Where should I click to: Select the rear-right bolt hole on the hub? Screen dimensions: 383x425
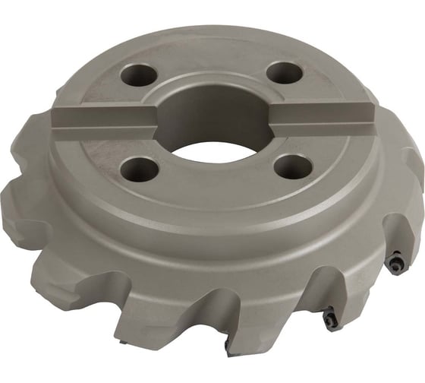[x=285, y=73]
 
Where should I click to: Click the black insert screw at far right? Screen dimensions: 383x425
[x=398, y=263]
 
